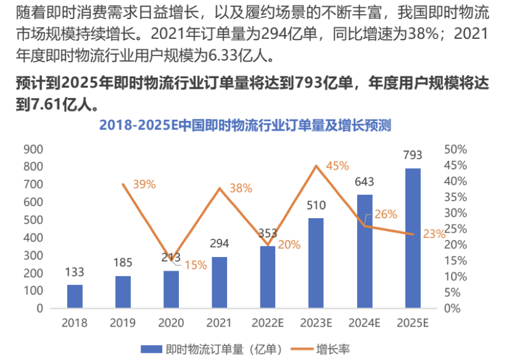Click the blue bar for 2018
pos(75,296)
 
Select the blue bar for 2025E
pos(413,238)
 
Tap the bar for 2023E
pos(316,263)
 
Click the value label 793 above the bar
pos(413,154)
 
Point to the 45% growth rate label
pos(337,166)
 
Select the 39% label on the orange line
pos(144,184)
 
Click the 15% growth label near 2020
pos(196,265)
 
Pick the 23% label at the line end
pos(434,234)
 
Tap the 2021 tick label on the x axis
pos(219,322)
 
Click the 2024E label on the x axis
pos(364,322)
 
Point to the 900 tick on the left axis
pos(33,149)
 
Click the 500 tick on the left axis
pos(33,220)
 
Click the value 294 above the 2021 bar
pos(219,243)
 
